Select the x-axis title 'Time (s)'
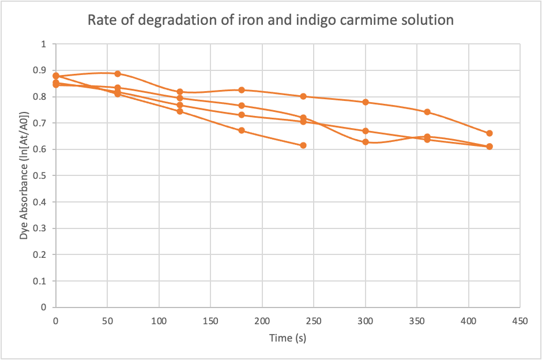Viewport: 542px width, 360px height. [x=287, y=338]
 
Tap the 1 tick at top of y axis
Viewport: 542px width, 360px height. [x=44, y=44]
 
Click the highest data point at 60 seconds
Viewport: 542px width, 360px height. [x=118, y=74]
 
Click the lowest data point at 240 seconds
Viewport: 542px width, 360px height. [x=303, y=145]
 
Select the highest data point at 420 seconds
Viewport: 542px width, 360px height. [x=490, y=133]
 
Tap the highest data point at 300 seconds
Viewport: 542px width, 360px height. [x=366, y=102]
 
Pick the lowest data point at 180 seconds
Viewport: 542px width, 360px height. [x=242, y=130]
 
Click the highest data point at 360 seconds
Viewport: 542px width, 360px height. [x=427, y=112]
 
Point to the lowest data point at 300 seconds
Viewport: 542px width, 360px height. [x=366, y=142]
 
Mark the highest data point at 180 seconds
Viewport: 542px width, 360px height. [x=242, y=90]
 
